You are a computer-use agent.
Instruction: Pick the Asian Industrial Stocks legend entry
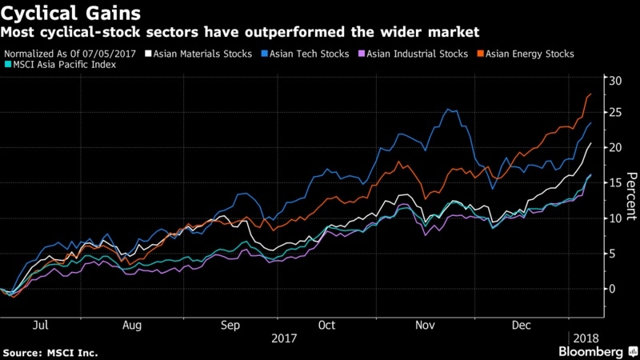pyautogui.click(x=418, y=54)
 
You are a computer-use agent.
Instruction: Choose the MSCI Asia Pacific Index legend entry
pyautogui.click(x=63, y=64)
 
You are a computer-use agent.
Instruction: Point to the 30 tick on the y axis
pyautogui.click(x=613, y=81)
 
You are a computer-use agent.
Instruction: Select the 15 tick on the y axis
pyautogui.click(x=613, y=184)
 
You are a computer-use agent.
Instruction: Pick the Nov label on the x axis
pyautogui.click(x=424, y=326)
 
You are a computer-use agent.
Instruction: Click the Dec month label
pyautogui.click(x=520, y=326)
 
